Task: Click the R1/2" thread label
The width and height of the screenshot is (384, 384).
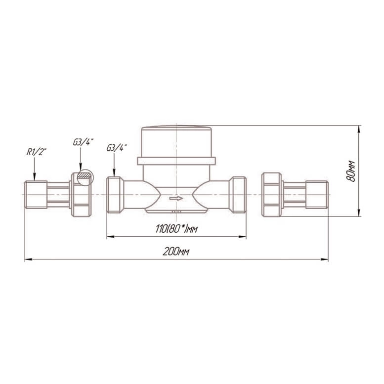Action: (36, 152)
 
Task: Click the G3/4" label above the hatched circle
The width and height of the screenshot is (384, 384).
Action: (83, 142)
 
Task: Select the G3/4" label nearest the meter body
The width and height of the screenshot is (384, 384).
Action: (117, 148)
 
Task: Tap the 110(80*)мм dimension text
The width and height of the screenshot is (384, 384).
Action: (176, 229)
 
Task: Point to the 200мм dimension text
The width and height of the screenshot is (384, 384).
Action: (176, 252)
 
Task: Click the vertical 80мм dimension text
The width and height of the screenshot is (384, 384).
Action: (351, 171)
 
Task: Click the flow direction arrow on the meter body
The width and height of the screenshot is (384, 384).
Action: (176, 198)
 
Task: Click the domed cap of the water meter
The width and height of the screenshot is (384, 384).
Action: (176, 141)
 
